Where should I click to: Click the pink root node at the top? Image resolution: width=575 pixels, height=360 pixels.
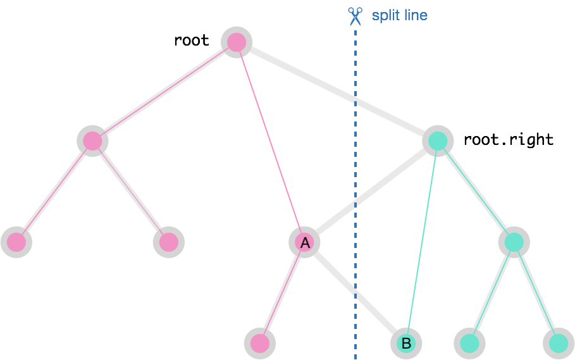click(237, 42)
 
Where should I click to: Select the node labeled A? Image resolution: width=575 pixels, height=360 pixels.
click(305, 242)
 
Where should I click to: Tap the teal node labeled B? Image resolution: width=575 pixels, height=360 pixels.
click(406, 344)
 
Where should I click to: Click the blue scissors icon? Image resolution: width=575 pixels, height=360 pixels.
click(355, 16)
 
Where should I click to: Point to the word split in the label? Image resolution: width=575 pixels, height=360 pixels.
click(385, 15)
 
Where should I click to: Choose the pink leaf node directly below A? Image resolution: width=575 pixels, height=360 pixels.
click(260, 344)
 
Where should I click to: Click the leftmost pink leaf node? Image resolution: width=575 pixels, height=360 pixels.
click(16, 242)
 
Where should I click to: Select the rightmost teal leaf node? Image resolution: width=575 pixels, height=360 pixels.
click(559, 344)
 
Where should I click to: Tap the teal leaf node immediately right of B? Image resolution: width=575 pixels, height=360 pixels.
click(469, 344)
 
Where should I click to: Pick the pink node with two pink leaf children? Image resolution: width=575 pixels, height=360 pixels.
click(92, 140)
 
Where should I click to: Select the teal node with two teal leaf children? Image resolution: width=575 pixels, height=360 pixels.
click(514, 242)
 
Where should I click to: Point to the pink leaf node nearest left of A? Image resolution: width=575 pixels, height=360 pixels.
click(168, 242)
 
